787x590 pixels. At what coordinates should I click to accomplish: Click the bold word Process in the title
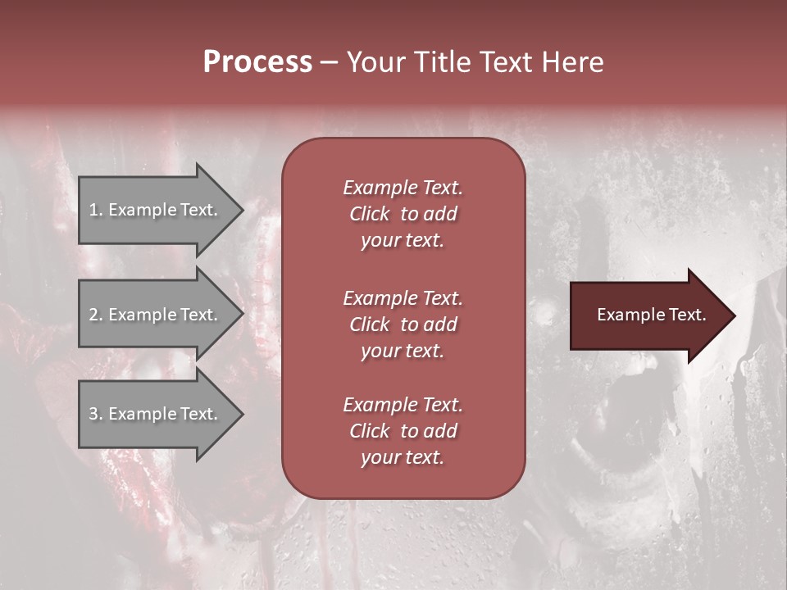click(x=257, y=62)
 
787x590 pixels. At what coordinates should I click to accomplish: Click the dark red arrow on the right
click(x=648, y=315)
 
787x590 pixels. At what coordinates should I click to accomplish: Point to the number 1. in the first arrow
click(x=96, y=210)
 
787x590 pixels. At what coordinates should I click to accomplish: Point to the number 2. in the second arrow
click(x=96, y=315)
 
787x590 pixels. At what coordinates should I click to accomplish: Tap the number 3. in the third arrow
click(x=96, y=414)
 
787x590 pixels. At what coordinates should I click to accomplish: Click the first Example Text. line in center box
click(x=403, y=188)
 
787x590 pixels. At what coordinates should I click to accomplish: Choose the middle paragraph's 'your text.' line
click(x=403, y=351)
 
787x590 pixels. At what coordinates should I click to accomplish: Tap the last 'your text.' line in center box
click(x=403, y=458)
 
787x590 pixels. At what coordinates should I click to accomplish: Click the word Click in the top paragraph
click(x=369, y=214)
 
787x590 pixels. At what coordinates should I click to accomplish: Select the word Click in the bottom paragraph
click(x=369, y=431)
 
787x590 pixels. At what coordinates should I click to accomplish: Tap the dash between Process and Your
click(x=329, y=63)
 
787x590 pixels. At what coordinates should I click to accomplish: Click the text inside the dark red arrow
click(x=651, y=315)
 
